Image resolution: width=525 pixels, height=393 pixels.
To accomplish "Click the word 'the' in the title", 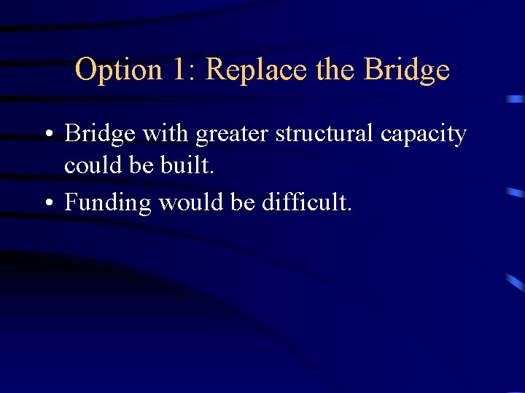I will tap(335, 71).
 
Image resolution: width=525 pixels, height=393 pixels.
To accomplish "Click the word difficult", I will tap(307, 202).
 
